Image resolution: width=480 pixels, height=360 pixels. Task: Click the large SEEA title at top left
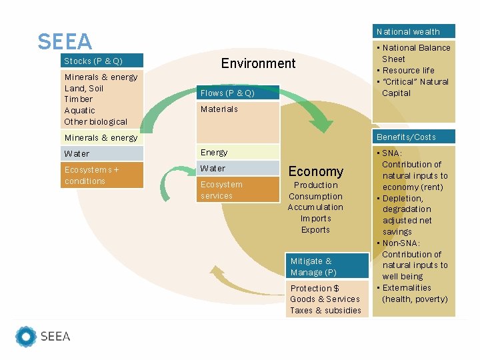[x=65, y=41]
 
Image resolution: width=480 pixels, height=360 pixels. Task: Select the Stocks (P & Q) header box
[x=102, y=61]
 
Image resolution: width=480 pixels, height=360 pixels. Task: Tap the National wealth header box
[x=413, y=31]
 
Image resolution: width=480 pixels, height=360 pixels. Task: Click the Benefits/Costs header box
[x=413, y=137]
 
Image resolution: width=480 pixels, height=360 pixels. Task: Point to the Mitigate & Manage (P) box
[x=327, y=267]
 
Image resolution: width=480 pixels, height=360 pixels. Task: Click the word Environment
[x=258, y=63]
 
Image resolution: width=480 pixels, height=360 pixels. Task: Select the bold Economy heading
[x=315, y=171]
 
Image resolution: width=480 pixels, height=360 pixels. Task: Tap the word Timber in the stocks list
[x=79, y=99]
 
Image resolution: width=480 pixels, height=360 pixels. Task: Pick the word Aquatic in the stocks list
[x=80, y=110]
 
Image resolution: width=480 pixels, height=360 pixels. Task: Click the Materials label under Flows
[x=219, y=109]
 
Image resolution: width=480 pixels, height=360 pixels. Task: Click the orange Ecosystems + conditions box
[x=102, y=175]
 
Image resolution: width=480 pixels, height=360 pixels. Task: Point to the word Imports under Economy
[x=315, y=218]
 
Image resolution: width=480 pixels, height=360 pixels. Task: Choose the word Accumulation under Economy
[x=315, y=207]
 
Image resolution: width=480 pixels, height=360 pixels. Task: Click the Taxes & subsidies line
[x=325, y=310]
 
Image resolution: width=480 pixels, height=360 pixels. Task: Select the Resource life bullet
[x=408, y=70]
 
